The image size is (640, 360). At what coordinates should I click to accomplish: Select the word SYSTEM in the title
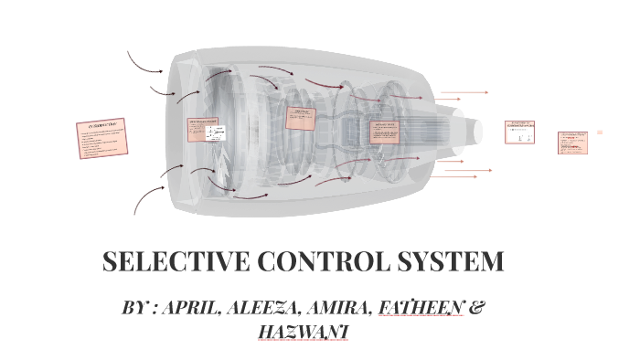451,262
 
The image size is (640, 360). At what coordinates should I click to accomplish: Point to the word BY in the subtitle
134,308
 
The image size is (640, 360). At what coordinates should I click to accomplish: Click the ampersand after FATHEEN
476,308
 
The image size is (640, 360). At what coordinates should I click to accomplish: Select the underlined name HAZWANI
303,331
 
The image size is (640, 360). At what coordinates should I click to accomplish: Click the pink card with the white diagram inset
206,131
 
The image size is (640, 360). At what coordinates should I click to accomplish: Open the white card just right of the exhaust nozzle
519,132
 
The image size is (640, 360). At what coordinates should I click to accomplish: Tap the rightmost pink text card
572,143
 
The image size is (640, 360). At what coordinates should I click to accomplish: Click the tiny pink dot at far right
601,132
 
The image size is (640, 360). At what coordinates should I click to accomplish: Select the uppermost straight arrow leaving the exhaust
464,92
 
